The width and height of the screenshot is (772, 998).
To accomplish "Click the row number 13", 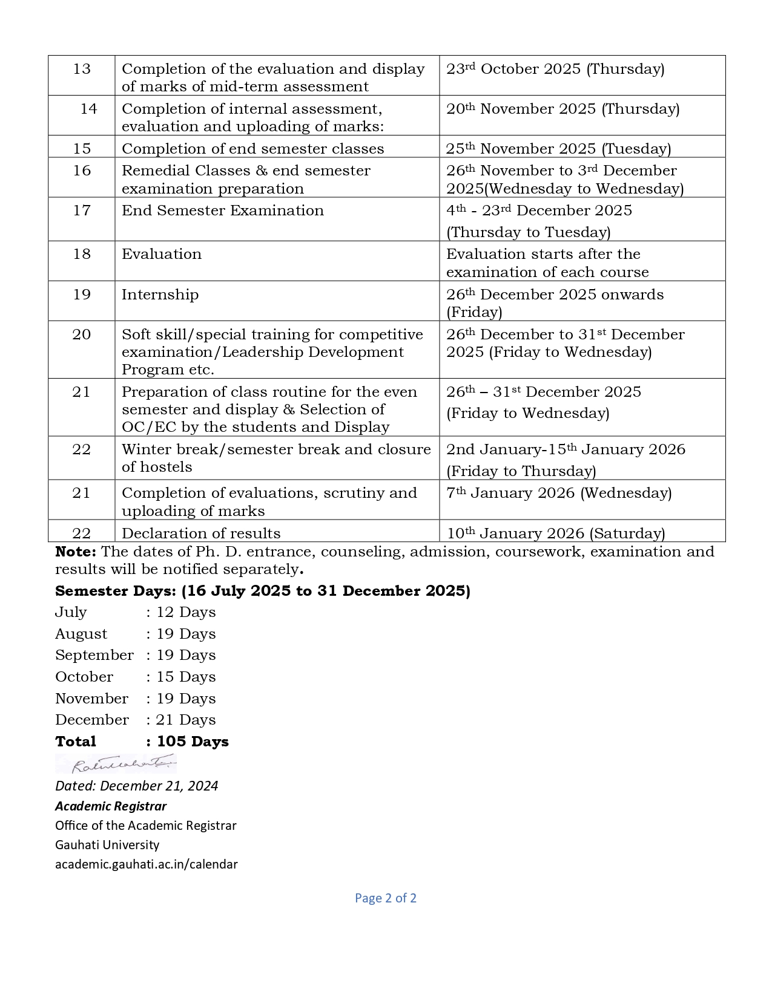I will (x=82, y=69).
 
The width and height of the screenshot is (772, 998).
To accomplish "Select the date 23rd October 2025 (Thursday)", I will (x=555, y=69).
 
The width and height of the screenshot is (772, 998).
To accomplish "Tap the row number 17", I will (x=82, y=210).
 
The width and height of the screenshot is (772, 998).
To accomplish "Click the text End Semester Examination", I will (x=222, y=210).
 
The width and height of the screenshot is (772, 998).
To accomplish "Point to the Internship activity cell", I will (x=160, y=295).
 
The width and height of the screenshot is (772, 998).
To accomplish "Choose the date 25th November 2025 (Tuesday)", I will (x=558, y=149).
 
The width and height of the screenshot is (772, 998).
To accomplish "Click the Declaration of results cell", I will (x=201, y=533).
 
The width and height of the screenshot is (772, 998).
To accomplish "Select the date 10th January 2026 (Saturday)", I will (x=555, y=533).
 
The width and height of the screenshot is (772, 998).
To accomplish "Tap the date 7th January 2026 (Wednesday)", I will (x=558, y=493).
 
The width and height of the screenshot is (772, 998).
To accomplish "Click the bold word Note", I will (x=75, y=552).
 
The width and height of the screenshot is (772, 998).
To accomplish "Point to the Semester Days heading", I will (x=262, y=591).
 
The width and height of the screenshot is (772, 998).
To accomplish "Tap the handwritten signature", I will (x=116, y=764).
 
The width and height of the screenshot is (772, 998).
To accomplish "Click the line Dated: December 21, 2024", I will (x=136, y=786).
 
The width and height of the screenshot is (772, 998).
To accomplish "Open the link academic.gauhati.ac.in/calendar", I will (x=146, y=864).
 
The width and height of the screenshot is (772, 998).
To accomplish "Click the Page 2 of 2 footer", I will (x=386, y=898).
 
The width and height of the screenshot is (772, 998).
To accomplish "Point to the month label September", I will (x=94, y=655).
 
